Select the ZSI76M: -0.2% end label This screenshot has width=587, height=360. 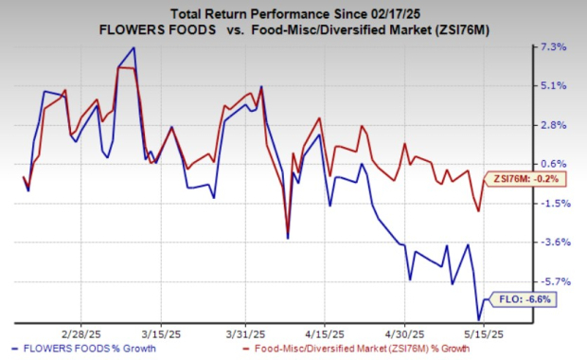(516, 178)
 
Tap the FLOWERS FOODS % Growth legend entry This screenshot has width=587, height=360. (67, 350)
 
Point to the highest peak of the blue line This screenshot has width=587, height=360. (133, 47)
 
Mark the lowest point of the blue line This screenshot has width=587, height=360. (478, 320)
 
